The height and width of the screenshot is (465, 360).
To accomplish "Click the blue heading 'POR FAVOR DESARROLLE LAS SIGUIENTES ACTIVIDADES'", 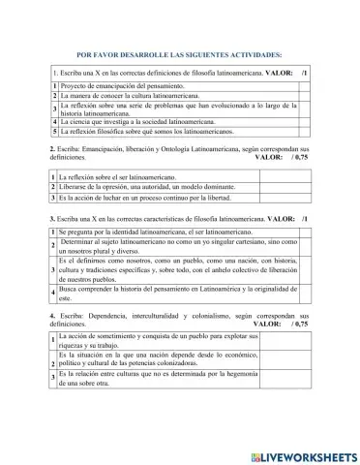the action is pyautogui.click(x=179, y=55).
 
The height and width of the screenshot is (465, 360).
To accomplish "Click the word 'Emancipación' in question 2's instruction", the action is pyautogui.click(x=105, y=147).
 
